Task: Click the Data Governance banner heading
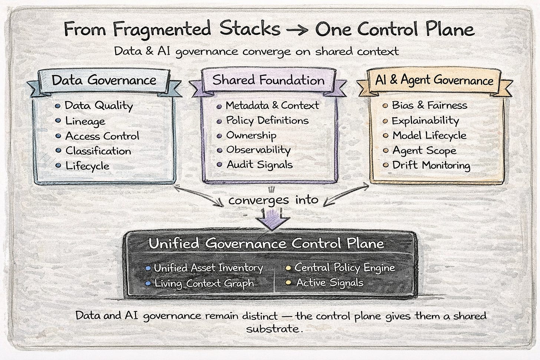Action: (104, 80)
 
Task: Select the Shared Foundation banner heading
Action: (268, 80)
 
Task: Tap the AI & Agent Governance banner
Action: (434, 80)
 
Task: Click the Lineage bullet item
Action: (85, 121)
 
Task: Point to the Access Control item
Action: (102, 136)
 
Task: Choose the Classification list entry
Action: (98, 151)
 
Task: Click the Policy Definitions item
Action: (267, 120)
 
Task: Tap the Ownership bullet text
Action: (251, 135)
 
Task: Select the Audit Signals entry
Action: (260, 165)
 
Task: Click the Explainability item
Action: (425, 120)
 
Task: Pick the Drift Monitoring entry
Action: (431, 165)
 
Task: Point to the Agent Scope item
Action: (424, 151)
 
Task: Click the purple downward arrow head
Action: (272, 223)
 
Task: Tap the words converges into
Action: (273, 200)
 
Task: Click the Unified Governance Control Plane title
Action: (266, 244)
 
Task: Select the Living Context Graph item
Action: (204, 283)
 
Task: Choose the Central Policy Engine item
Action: (345, 267)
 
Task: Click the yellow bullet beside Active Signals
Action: (287, 283)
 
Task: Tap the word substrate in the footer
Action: (273, 329)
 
